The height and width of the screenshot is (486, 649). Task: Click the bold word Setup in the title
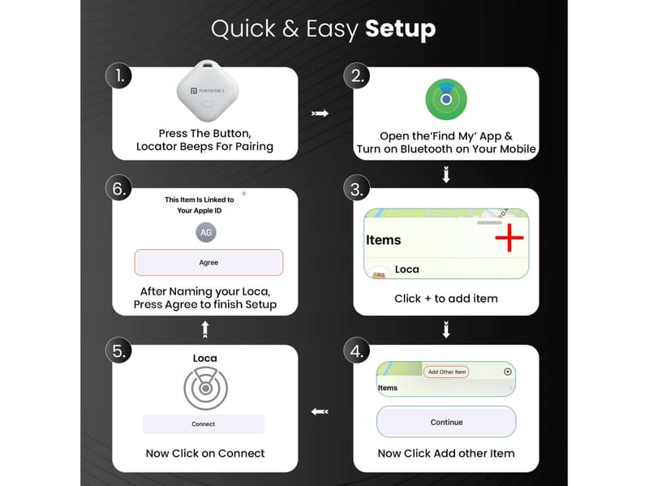click(x=400, y=29)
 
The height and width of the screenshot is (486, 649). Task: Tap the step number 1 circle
click(x=118, y=75)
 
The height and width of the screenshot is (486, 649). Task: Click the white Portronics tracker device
click(x=208, y=91)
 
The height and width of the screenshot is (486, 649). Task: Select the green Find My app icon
click(x=446, y=99)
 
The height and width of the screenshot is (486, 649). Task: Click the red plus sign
click(x=509, y=238)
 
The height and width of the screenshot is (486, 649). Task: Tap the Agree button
click(x=208, y=262)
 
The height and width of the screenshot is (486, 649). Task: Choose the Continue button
click(x=446, y=422)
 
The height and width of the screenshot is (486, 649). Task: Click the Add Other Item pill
click(x=446, y=372)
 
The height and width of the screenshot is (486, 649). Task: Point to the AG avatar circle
click(x=206, y=232)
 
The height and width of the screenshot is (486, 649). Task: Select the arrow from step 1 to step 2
click(x=320, y=114)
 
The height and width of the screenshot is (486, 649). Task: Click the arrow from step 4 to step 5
click(x=320, y=411)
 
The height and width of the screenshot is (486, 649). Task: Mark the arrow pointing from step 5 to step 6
click(x=205, y=329)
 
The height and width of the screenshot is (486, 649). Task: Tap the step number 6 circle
click(x=118, y=187)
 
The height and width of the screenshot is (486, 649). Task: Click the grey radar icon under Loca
click(x=206, y=388)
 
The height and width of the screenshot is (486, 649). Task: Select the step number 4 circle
click(x=356, y=351)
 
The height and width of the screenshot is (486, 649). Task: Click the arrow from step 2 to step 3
click(x=446, y=174)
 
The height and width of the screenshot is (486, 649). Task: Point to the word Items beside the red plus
click(x=383, y=240)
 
